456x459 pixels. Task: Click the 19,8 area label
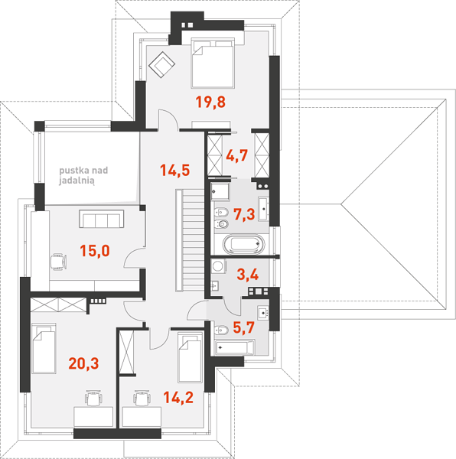coord(210,103)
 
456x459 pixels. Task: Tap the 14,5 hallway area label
coord(175,171)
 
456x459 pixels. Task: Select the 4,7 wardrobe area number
coord(236,155)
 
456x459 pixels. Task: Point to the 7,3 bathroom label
coord(244,214)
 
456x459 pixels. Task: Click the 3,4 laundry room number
coord(248,275)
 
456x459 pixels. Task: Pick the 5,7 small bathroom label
coord(244,327)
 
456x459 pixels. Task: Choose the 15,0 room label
coord(95,251)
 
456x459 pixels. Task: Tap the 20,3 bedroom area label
coord(83,363)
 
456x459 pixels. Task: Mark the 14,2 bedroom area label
coord(178,398)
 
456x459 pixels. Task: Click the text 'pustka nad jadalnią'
coord(83,175)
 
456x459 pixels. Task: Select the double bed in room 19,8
coord(213,63)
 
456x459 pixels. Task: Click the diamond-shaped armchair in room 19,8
coord(161,64)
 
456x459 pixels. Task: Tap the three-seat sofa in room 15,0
coord(101,219)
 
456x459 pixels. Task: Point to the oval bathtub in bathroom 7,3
coord(243,244)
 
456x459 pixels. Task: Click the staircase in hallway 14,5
coord(190,240)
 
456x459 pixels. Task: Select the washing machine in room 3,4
coord(218,266)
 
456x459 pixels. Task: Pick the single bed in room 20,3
coord(44,348)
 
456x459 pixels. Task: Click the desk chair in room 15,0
coord(58,262)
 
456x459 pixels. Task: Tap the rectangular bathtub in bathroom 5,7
coord(234,347)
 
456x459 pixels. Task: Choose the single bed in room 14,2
coord(190,356)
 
